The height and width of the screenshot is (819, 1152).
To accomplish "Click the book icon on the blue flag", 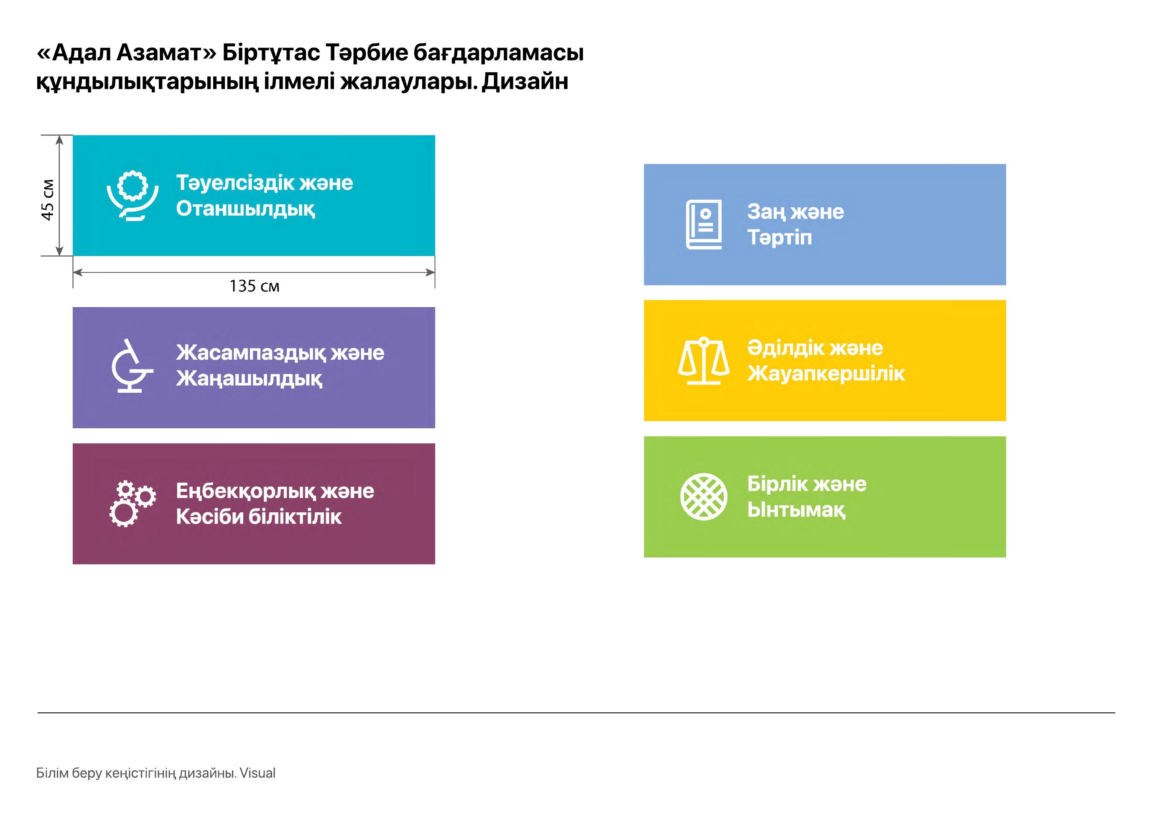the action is (x=703, y=224).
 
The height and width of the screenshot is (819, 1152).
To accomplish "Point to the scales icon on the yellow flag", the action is (x=703, y=361).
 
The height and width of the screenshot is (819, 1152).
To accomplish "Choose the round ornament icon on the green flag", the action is (x=703, y=497).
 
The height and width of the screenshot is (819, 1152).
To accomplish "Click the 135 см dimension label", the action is (x=254, y=286).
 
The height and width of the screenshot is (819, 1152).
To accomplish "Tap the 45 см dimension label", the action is (x=47, y=200).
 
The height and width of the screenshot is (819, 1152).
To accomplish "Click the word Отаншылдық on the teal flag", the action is (x=246, y=209).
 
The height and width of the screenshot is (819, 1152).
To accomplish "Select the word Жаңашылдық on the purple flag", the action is (x=249, y=379).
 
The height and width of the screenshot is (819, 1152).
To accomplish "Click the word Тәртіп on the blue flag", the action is (x=779, y=237).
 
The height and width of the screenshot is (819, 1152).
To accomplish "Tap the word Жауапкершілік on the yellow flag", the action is (x=826, y=374).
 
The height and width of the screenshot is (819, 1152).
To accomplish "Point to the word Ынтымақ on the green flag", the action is (x=796, y=510).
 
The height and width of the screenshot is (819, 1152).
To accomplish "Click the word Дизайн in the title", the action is (x=525, y=81).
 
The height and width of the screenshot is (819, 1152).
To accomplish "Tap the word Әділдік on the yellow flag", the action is (x=785, y=348).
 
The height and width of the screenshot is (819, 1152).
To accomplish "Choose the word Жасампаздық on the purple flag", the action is (x=251, y=353).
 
